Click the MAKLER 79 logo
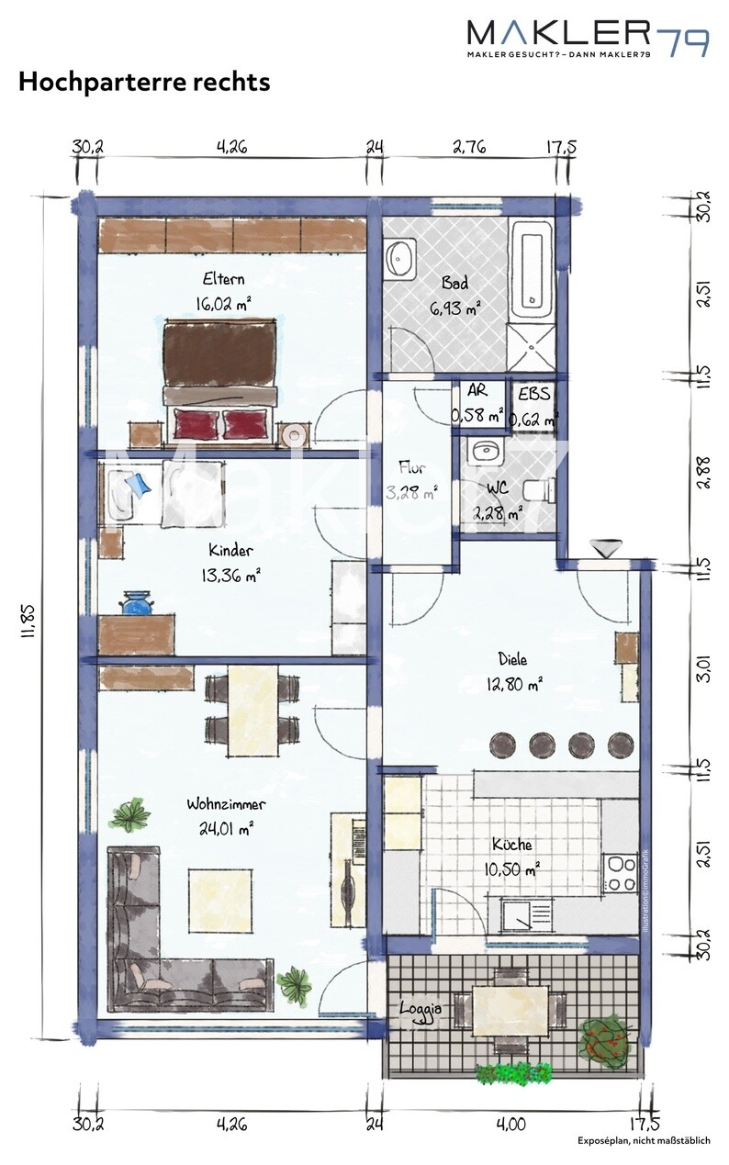click(x=588, y=38)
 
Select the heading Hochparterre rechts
click(x=144, y=83)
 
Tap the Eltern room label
click(x=223, y=279)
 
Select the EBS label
click(x=534, y=395)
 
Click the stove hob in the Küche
click(x=620, y=873)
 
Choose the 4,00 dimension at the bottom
click(x=510, y=1122)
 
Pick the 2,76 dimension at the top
click(x=470, y=146)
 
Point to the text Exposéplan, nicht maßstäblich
click(x=644, y=1141)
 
